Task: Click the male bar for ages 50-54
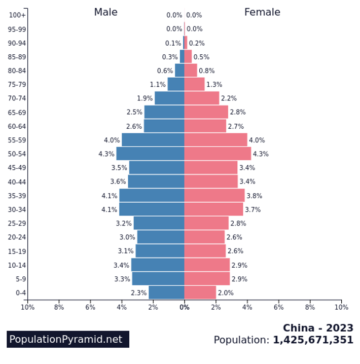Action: pos(150,154)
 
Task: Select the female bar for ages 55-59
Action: pos(215,140)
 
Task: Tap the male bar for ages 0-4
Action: pos(166,293)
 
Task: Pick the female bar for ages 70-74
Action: pos(201,98)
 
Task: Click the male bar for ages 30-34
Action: pos(152,209)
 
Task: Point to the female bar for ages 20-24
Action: pos(204,237)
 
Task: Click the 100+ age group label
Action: pos(17,15)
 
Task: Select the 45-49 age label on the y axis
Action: pos(17,168)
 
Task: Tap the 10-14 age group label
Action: pos(17,265)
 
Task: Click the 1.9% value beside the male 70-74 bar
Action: pos(145,98)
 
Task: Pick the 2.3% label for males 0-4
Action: pos(138,293)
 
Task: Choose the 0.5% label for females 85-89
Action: pos(201,57)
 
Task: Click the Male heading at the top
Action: pos(105,12)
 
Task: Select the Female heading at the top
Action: pos(262,12)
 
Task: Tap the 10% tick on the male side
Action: pos(27,307)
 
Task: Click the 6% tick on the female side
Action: pos(278,307)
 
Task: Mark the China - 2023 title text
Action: pos(318,328)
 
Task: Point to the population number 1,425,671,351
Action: pos(313,340)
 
